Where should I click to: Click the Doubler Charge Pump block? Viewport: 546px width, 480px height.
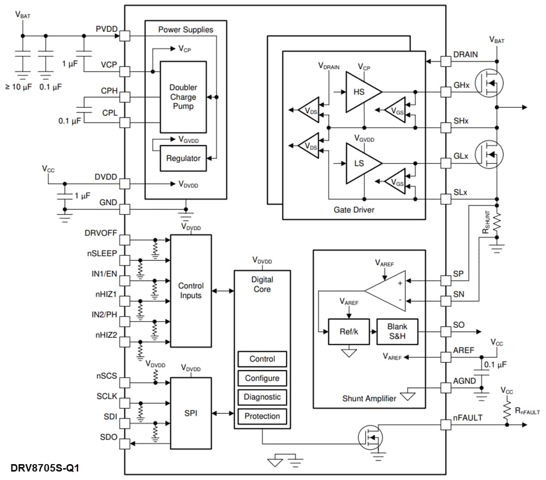(x=183, y=97)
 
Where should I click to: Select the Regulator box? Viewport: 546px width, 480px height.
(x=183, y=159)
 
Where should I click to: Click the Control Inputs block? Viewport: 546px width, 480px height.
(x=191, y=291)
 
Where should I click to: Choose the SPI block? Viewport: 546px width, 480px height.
(x=191, y=412)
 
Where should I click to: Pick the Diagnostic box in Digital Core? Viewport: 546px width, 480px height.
(x=262, y=397)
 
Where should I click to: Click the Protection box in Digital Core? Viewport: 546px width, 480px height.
(x=262, y=416)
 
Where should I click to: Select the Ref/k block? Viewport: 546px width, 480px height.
(x=349, y=331)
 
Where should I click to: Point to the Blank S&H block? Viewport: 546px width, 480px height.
(x=397, y=331)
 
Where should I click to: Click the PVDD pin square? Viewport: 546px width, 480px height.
(x=125, y=36)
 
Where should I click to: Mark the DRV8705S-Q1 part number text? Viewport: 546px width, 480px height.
(x=45, y=468)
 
